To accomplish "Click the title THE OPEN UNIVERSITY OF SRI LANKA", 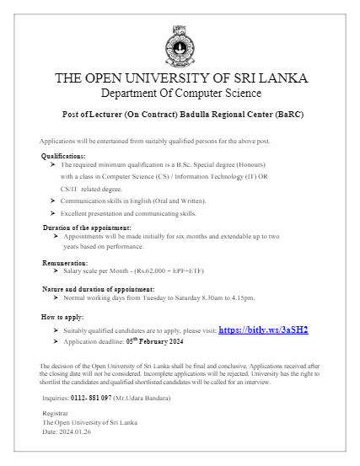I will tap(180, 78).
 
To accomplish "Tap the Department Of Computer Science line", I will tap(180, 93).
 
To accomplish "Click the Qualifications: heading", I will tap(63, 157).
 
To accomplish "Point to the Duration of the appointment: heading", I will tap(87, 228).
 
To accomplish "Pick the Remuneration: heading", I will tap(65, 264).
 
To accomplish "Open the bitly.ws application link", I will tap(263, 329).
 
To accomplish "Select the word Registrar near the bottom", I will tap(55, 414).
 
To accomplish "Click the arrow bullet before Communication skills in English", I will tap(53, 201).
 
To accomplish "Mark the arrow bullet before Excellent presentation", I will tap(53, 214).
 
